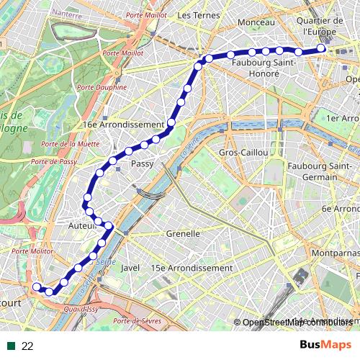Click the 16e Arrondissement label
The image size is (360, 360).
coord(124,125)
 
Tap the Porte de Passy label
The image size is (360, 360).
coord(59,162)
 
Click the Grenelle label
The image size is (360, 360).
coord(183,234)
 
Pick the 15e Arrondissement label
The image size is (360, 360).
coord(192,268)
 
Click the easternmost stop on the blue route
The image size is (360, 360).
coord(321,48)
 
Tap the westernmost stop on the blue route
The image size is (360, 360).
coord(36,287)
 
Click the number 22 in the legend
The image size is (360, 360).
coord(27,346)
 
